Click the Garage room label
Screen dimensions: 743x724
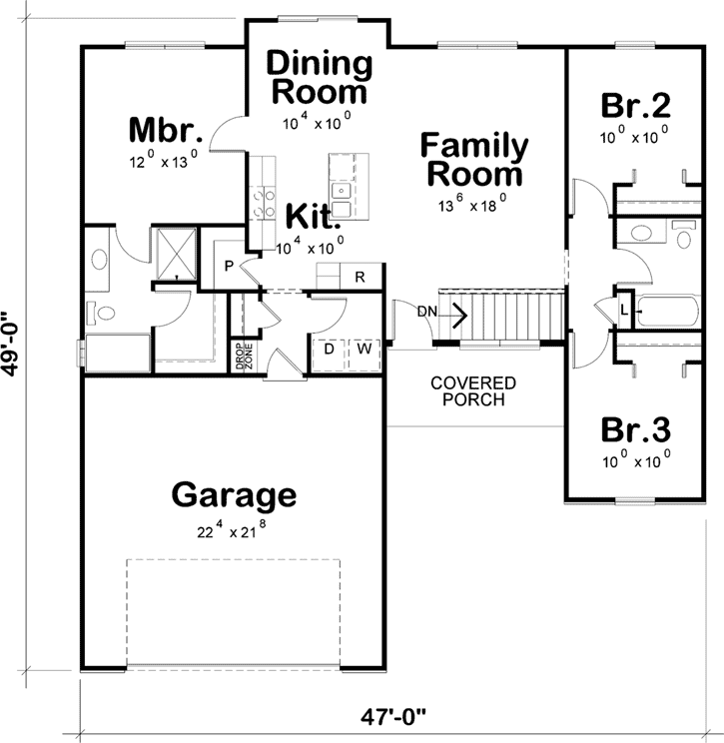coord(234,494)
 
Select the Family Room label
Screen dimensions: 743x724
coord(473,160)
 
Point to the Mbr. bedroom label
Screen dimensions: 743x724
coord(167,131)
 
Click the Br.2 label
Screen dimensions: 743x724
coord(634,106)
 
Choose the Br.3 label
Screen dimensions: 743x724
coord(634,429)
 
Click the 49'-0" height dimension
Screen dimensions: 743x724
coord(14,341)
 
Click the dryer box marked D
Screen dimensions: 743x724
coord(328,350)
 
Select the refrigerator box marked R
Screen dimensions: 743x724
coord(359,276)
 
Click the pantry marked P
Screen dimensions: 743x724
coord(228,267)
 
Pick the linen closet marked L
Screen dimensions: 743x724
coord(623,310)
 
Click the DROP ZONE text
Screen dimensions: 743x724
coord(241,359)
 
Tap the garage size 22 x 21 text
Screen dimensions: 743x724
coord(234,529)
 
